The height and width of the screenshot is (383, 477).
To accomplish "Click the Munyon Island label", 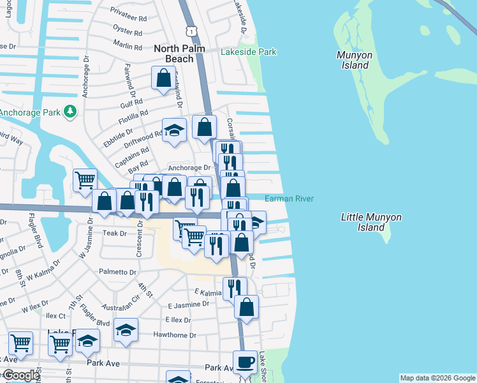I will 353,60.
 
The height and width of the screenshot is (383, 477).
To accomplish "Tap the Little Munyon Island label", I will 371,222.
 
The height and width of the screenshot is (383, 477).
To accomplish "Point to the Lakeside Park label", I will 249,52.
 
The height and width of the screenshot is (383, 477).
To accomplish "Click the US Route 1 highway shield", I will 189,31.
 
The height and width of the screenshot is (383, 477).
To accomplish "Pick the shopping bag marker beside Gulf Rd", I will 163,78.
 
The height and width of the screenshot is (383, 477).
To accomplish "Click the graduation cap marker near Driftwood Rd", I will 174,130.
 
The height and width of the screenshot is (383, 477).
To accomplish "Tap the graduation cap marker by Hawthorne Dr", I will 126,330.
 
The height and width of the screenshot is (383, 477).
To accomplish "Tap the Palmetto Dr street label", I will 117,272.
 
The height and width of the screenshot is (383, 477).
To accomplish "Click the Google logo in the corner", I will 21,375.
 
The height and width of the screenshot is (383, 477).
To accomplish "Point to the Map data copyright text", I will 437,378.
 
